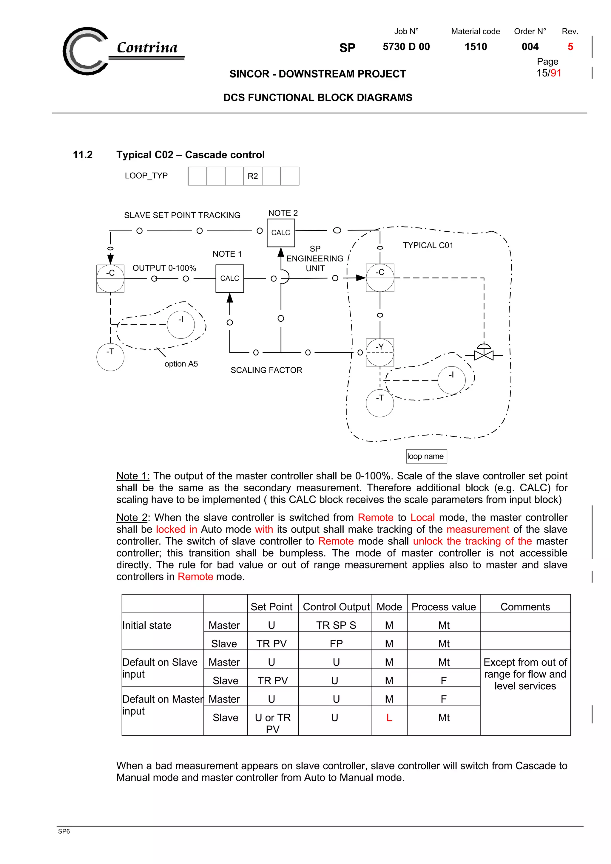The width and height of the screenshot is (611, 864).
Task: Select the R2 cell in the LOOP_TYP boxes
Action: (x=253, y=176)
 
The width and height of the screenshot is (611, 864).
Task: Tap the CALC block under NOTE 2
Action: (x=281, y=233)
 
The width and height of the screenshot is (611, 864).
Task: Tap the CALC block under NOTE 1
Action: (x=230, y=278)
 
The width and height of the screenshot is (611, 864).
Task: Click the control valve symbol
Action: (x=484, y=354)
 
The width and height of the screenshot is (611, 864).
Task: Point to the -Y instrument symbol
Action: (x=380, y=352)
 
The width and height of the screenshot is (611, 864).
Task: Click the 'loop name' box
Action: (x=426, y=456)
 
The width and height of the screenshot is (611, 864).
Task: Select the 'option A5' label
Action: (x=181, y=364)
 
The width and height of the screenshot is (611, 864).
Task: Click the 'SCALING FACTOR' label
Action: (x=266, y=370)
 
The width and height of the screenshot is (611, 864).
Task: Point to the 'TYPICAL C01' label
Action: (x=428, y=245)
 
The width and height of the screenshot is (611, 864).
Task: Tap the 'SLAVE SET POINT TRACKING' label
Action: (x=182, y=215)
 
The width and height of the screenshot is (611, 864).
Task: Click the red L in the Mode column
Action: (x=389, y=718)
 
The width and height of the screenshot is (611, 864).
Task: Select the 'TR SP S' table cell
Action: (x=336, y=625)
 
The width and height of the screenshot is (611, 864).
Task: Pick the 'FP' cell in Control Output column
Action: (x=336, y=643)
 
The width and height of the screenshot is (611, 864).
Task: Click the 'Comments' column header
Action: (x=525, y=607)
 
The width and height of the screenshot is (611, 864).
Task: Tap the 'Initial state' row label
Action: (x=147, y=625)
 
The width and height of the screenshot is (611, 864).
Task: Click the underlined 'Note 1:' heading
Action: (x=132, y=476)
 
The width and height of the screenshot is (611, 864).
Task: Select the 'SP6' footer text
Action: (x=64, y=831)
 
